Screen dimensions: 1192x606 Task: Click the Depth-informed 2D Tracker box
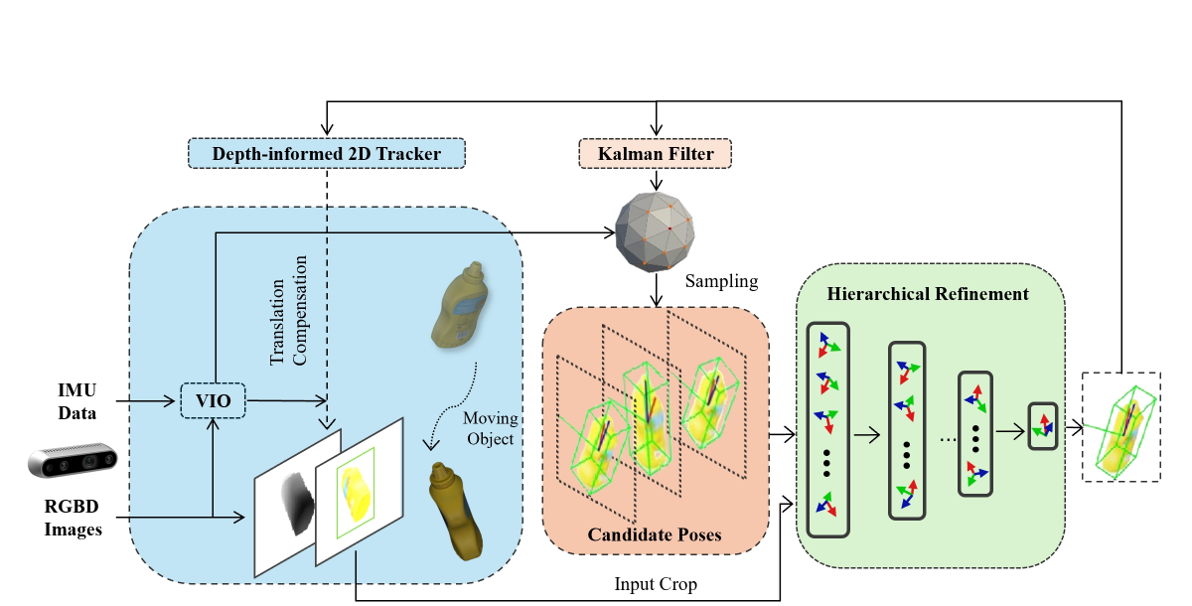(x=326, y=153)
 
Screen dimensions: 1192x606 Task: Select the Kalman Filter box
(x=655, y=153)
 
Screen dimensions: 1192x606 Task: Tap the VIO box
(x=213, y=400)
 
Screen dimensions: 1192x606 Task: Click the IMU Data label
(x=77, y=401)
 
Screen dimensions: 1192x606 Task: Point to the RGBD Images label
(x=73, y=518)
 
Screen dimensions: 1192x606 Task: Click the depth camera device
(x=73, y=460)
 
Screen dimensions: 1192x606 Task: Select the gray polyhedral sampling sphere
(x=655, y=232)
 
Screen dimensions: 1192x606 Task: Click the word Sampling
(x=721, y=281)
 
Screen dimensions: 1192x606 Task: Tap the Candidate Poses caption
(x=655, y=534)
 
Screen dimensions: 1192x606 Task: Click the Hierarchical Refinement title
(x=928, y=294)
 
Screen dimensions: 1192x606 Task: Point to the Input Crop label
(x=656, y=584)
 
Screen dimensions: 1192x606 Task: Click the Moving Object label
(x=490, y=428)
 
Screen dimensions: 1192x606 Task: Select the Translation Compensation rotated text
(x=288, y=311)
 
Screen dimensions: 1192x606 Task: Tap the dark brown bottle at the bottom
(x=456, y=511)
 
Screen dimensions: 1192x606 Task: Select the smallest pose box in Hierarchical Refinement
(x=1042, y=426)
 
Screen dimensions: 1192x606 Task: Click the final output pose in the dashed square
(x=1121, y=427)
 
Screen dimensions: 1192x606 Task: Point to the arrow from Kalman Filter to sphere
(x=657, y=180)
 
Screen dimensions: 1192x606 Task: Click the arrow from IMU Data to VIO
(x=145, y=400)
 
